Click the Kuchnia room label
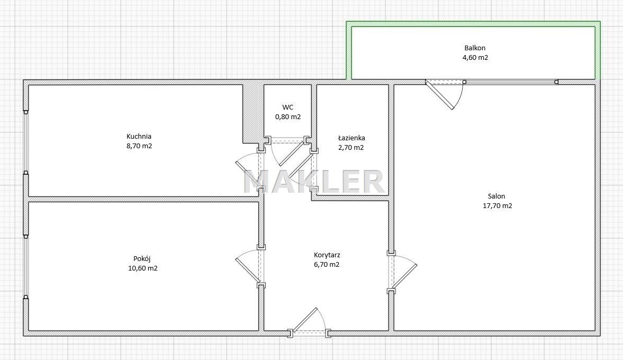coord(139,136)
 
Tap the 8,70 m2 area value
coord(139,146)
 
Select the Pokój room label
coord(142,259)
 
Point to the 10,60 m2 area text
coord(142,268)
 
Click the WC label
coord(287,107)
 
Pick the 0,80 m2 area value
coord(287,117)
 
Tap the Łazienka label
coord(351,138)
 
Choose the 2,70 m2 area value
coord(351,147)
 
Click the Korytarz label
coord(327,255)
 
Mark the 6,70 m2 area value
coord(327,265)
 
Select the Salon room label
coord(496,196)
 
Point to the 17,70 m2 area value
coord(497,206)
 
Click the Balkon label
coord(475,48)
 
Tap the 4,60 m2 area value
coord(475,57)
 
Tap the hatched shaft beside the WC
coord(253,113)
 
